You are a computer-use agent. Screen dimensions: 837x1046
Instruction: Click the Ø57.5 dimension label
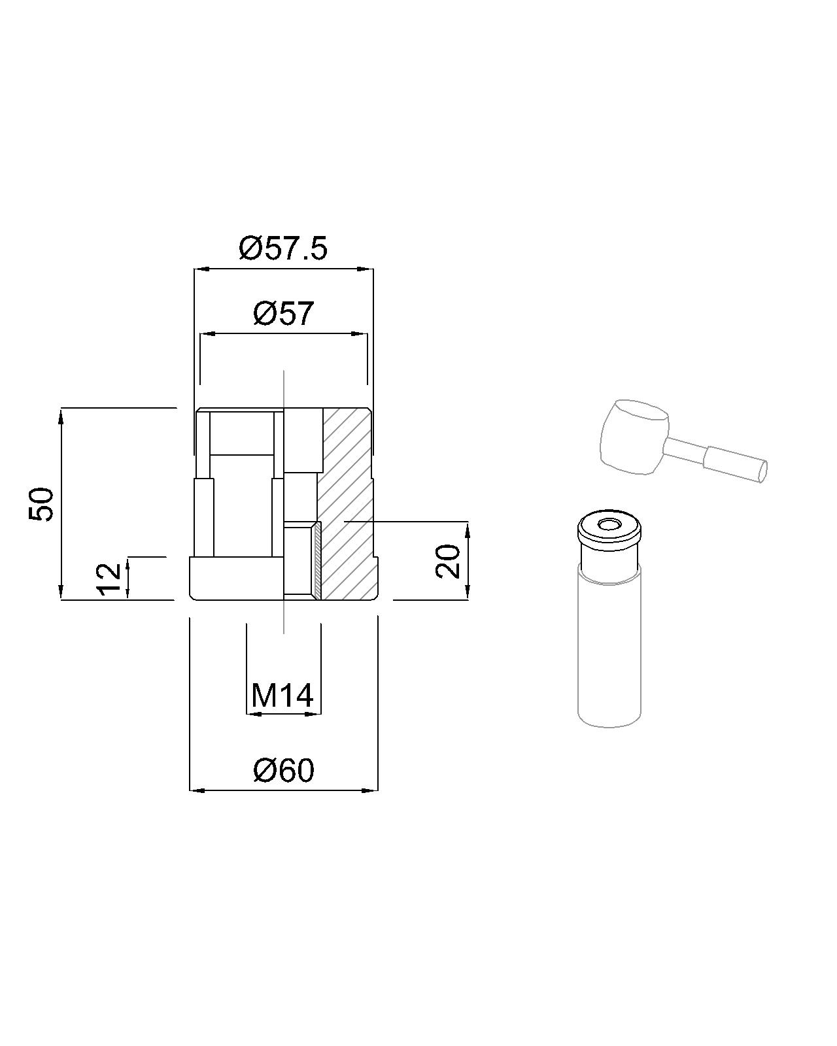pos(283,249)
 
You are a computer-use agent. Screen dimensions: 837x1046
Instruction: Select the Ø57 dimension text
pos(283,314)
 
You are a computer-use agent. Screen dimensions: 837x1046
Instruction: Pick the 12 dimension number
pos(109,579)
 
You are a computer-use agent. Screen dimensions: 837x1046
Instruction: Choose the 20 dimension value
pos(448,562)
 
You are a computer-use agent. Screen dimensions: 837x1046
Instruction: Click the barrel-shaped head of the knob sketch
pos(635,436)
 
